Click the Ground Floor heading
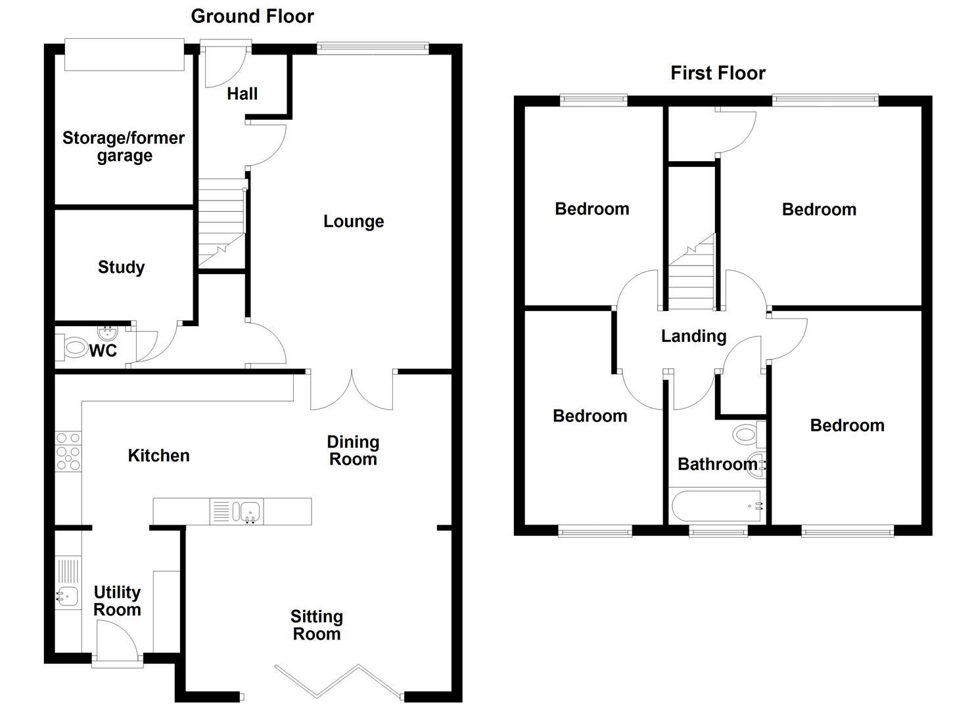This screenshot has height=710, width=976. coord(252,16)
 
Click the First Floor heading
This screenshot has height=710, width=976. coord(718,73)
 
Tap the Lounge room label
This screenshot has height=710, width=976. coord(353,222)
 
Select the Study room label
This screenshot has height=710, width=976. coord(121,267)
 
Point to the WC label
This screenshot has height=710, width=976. coord(103,351)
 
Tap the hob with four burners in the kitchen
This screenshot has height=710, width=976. coord(68,451)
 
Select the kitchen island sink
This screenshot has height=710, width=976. coord(250,511)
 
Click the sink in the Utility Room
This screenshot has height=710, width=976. coord(67,596)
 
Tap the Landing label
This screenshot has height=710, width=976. coord(693,337)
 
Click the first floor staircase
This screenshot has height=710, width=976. coord(691,273)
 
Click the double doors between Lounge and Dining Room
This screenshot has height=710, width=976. coord(352,390)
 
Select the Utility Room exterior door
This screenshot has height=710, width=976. coord(116,641)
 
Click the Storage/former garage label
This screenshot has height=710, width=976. coord(124,147)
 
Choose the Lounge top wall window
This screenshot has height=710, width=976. coord(372,47)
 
